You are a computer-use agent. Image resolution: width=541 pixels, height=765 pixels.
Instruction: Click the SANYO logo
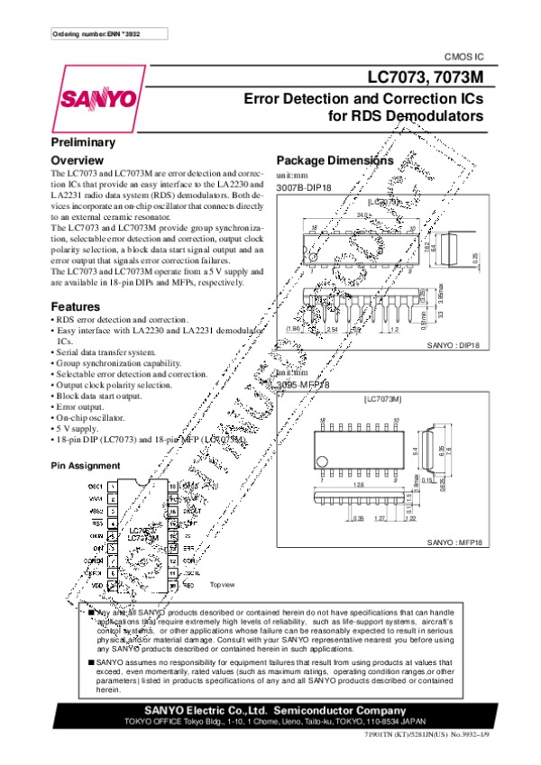(x=98, y=97)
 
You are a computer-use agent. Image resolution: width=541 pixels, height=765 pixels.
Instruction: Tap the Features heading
(x=75, y=306)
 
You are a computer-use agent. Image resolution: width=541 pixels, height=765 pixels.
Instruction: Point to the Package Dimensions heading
(x=335, y=160)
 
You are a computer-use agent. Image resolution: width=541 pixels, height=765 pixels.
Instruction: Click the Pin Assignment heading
(x=86, y=466)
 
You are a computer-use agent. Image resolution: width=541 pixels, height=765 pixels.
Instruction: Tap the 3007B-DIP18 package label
(x=304, y=187)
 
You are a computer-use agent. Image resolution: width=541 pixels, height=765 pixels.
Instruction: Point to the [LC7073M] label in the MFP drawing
(x=382, y=397)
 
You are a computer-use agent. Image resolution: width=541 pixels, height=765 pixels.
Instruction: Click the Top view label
(x=222, y=585)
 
